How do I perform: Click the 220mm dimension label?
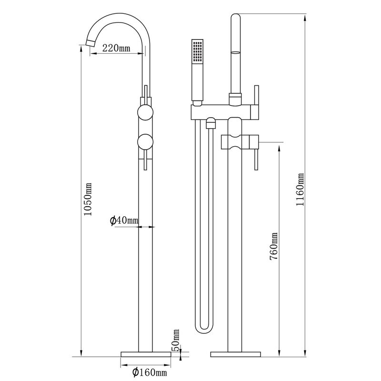coord(116,48)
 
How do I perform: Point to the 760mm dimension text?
coord(273,246)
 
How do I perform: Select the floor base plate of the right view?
coord(236,354)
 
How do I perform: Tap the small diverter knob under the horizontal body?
coord(211,125)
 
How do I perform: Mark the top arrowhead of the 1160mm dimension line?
coord(305,17)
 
